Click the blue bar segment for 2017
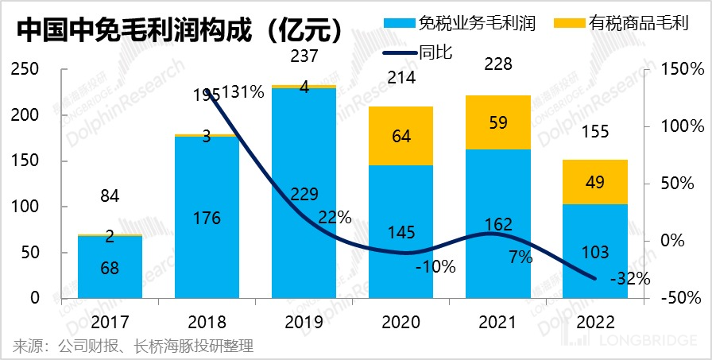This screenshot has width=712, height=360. [x=110, y=267]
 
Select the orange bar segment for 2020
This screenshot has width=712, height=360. [x=401, y=136]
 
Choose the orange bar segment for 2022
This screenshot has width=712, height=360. [x=595, y=182]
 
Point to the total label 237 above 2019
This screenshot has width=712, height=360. [x=304, y=56]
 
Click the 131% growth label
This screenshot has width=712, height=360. [x=243, y=92]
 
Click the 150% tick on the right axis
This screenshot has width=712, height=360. [x=677, y=70]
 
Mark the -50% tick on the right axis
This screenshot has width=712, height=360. [x=679, y=298]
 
